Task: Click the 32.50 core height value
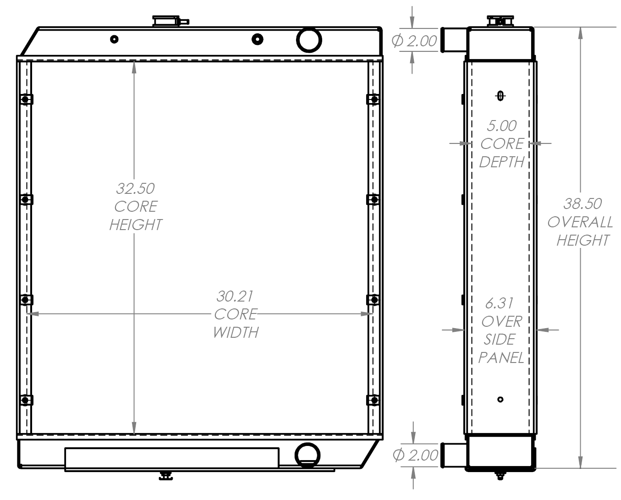pos(135,188)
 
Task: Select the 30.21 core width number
pos(235,296)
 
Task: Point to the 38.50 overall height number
pos(582,203)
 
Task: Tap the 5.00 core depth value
pos(502,126)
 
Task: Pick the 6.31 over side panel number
pos(499,303)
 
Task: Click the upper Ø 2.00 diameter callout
pos(415,41)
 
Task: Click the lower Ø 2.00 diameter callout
pos(416,455)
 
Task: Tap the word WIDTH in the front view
pos(236,332)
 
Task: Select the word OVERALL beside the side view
pos(580,222)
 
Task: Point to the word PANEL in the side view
pos(501,357)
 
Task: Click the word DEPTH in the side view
pos(501,162)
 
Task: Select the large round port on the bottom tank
pos(307,454)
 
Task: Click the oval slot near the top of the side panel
pos(500,95)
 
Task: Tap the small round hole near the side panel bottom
pos(500,400)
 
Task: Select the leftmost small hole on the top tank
pos(115,39)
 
